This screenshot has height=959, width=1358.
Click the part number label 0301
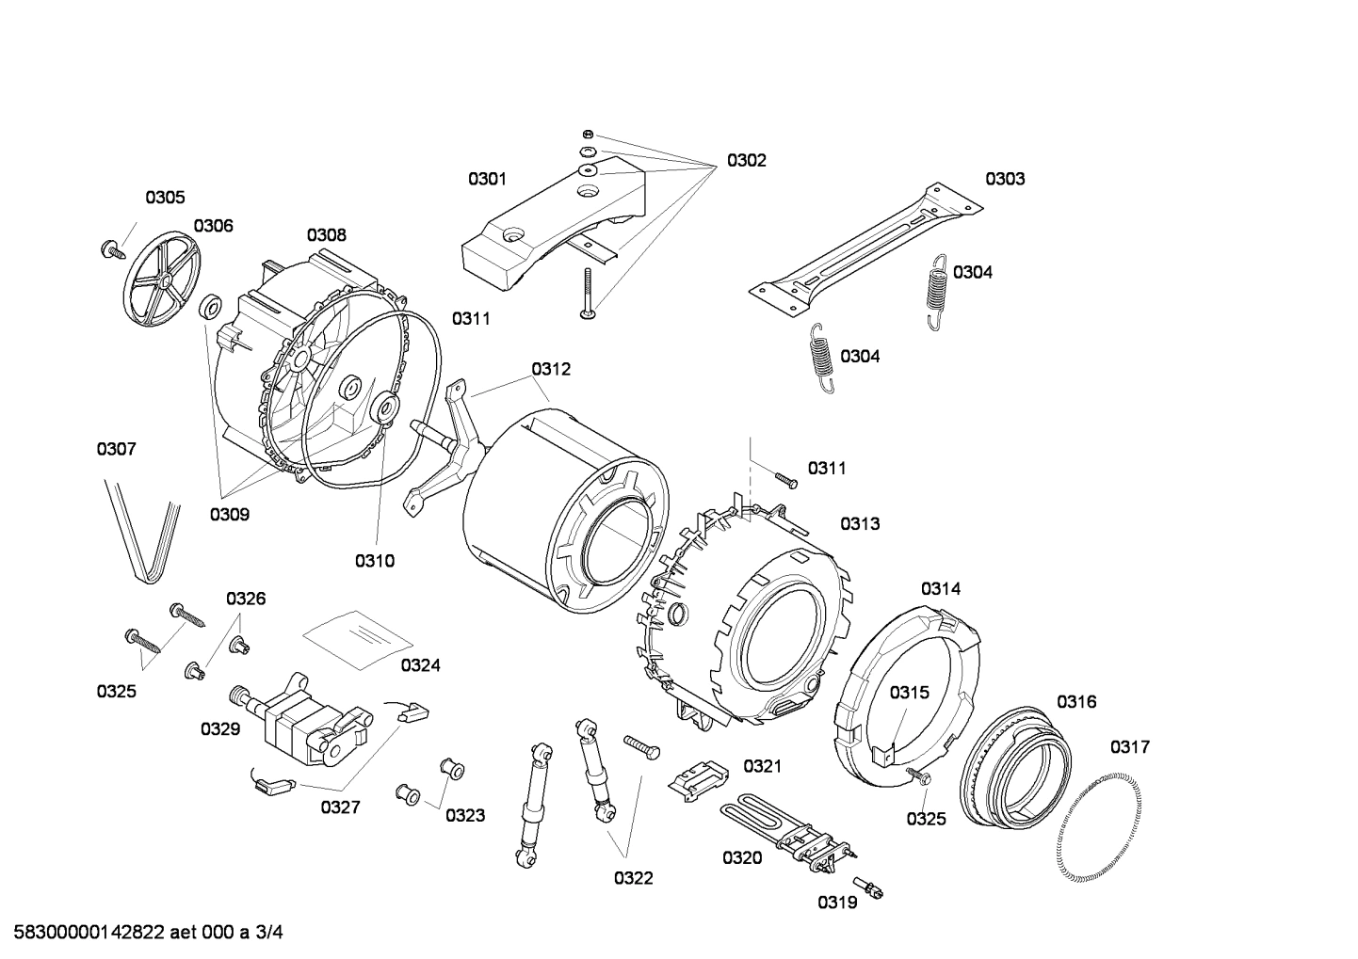[x=487, y=179]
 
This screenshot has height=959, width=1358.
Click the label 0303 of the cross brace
[x=1005, y=179]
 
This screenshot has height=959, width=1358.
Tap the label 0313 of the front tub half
[x=860, y=524]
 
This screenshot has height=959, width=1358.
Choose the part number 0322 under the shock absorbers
[x=633, y=878]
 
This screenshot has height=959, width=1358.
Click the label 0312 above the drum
[x=551, y=369]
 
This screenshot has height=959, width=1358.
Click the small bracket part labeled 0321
[x=698, y=776]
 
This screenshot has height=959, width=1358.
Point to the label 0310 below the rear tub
[x=374, y=561]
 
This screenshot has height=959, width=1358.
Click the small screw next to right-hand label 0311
[x=785, y=480]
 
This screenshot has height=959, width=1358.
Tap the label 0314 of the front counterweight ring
[x=940, y=589]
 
